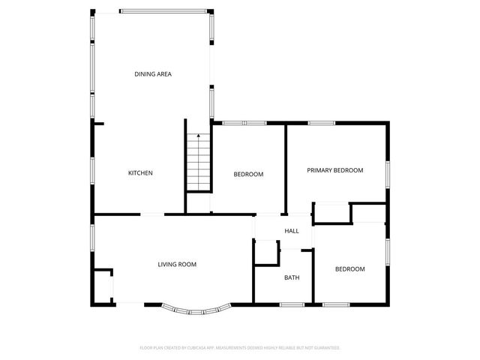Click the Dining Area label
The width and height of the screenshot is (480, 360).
click(x=153, y=73)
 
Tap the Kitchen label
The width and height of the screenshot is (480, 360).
click(x=140, y=173)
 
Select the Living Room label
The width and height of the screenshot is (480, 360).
click(x=177, y=264)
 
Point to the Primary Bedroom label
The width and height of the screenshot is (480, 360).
click(x=334, y=170)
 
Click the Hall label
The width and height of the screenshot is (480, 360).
click(x=292, y=231)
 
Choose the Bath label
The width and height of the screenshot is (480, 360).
click(x=292, y=278)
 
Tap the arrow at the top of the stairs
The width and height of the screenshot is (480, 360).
click(x=198, y=136)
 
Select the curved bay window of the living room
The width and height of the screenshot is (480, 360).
click(x=193, y=309)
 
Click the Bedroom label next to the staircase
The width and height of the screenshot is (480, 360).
click(x=248, y=174)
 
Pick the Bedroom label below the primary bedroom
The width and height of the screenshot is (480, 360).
click(x=349, y=269)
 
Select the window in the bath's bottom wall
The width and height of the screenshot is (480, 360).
click(x=292, y=304)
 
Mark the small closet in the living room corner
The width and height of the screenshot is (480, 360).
click(x=103, y=285)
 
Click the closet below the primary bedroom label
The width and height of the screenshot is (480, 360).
click(x=332, y=212)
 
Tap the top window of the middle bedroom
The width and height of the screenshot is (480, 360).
click(x=244, y=122)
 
